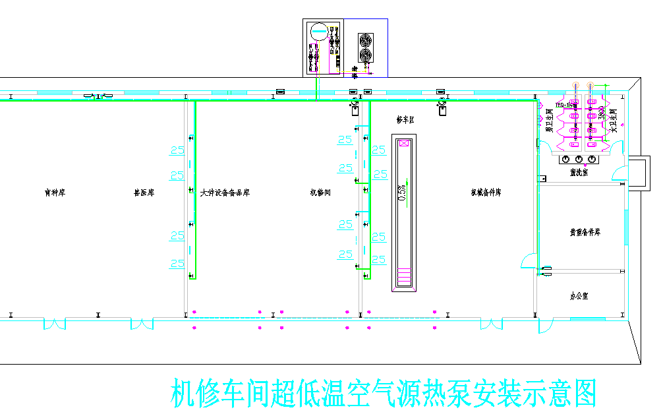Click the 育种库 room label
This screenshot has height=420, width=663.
click(55, 193)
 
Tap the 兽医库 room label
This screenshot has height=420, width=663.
click(144, 193)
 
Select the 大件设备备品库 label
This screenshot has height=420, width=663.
click(225, 193)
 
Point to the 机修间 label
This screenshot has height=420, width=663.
click(320, 193)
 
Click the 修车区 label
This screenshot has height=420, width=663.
click(405, 120)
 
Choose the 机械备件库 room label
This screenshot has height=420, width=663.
click(486, 193)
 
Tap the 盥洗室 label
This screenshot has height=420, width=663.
click(579, 173)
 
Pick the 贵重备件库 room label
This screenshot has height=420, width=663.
click(585, 233)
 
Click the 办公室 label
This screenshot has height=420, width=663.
click(579, 297)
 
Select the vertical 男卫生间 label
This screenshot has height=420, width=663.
click(549, 121)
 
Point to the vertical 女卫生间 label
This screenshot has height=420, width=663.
click(614, 121)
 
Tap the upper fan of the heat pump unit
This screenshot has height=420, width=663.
click(365, 40)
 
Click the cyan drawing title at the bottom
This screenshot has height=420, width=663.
click(384, 394)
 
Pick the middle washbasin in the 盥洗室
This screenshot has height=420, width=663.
click(579, 160)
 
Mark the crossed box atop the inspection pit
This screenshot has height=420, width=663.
click(404, 142)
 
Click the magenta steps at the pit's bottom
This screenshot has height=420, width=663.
click(404, 276)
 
